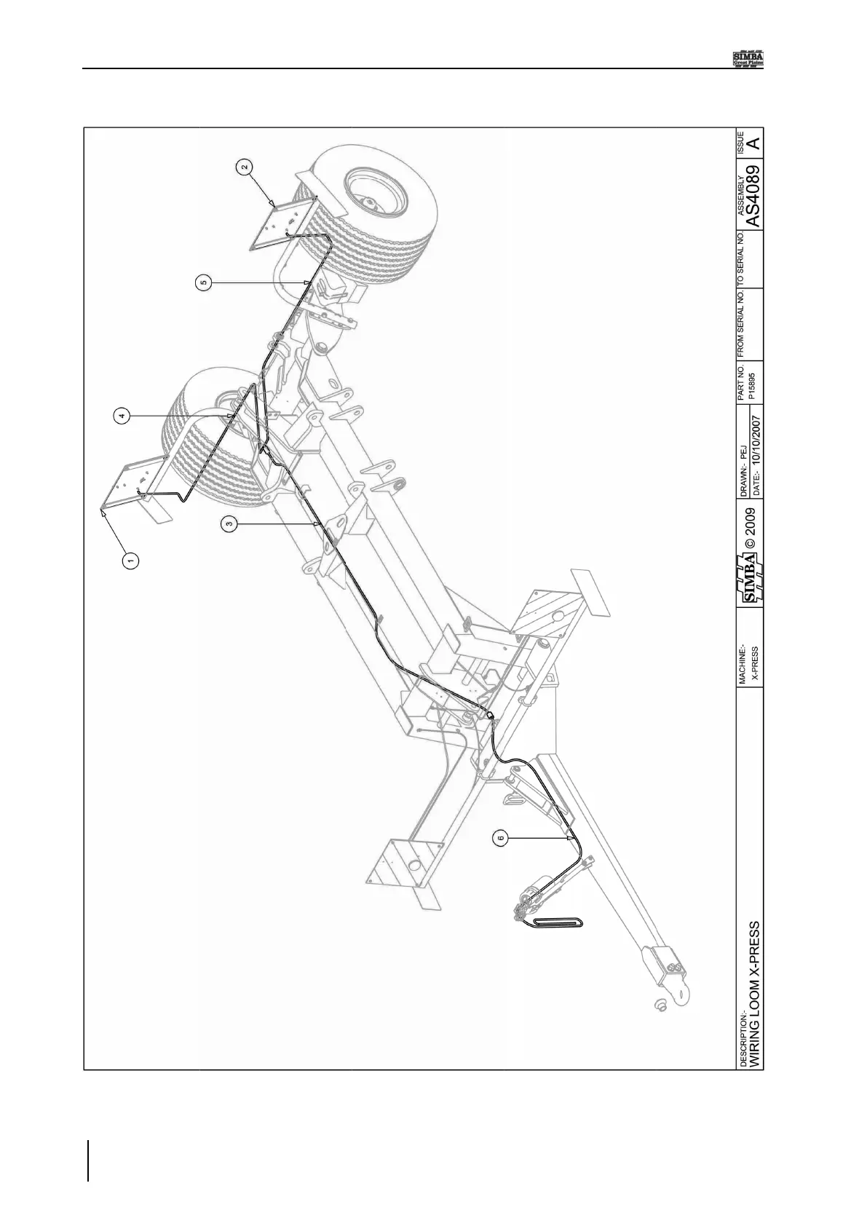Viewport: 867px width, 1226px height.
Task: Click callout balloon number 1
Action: coord(131,560)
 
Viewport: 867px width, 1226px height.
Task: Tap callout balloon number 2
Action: coord(245,166)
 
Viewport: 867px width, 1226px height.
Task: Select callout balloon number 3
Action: coord(229,523)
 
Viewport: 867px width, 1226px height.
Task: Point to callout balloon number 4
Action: coord(122,416)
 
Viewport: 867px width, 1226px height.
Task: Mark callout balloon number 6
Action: coord(499,839)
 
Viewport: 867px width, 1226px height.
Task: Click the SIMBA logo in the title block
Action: coord(752,578)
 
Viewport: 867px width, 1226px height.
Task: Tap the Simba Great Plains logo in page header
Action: coord(752,59)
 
